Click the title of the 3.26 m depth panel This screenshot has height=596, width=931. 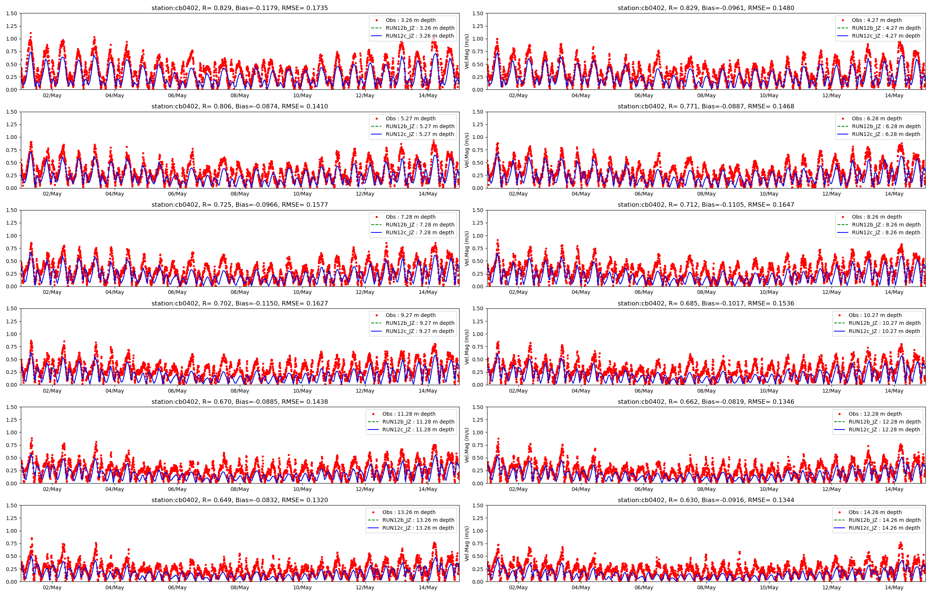click(239, 8)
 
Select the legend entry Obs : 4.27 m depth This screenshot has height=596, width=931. click(877, 20)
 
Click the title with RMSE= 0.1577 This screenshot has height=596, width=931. click(239, 205)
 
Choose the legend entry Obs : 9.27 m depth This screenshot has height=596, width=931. click(410, 315)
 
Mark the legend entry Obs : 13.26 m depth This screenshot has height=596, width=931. click(409, 512)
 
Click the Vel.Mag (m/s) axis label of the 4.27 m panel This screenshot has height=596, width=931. click(467, 51)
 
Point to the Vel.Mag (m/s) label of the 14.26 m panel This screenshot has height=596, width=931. click(467, 543)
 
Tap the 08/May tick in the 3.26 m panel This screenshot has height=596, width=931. click(240, 96)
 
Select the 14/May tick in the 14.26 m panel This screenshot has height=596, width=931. click(894, 587)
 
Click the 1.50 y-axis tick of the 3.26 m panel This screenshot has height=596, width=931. click(12, 13)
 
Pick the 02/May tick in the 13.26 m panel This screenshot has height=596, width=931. click(52, 587)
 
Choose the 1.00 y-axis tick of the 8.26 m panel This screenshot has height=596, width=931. click(478, 236)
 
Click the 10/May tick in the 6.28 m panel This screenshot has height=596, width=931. click(769, 194)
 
